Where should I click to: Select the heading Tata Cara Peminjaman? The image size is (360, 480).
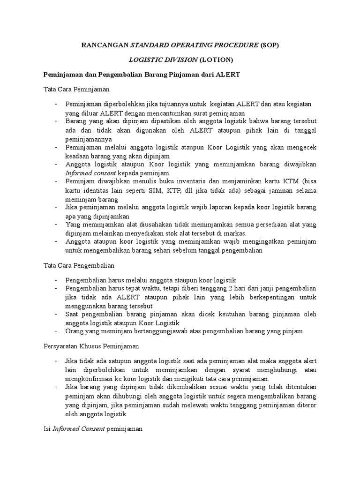76,89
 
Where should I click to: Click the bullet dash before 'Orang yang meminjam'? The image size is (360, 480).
56,331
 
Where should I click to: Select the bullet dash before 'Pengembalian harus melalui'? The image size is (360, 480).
56,279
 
